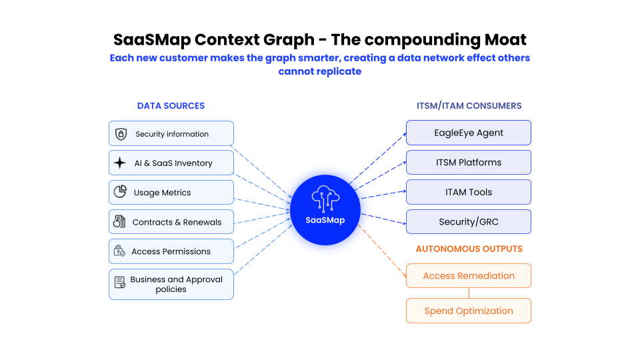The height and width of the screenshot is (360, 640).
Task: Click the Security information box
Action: pyautogui.click(x=171, y=133)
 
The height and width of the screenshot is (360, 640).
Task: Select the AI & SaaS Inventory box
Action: pyautogui.click(x=171, y=163)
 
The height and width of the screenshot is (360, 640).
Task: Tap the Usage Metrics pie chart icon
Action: pyautogui.click(x=120, y=192)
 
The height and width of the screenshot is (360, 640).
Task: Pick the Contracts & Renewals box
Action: pyautogui.click(x=171, y=222)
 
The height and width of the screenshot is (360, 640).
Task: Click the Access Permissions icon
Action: pyautogui.click(x=120, y=251)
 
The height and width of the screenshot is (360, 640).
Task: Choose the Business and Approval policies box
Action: pyautogui.click(x=171, y=284)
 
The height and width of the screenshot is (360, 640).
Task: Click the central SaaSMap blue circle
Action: pyautogui.click(x=325, y=209)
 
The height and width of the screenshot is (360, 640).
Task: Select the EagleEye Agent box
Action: pyautogui.click(x=469, y=133)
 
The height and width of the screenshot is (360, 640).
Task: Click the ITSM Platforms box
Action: pyautogui.click(x=469, y=162)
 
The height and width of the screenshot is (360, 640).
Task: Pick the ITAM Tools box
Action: pyautogui.click(x=469, y=192)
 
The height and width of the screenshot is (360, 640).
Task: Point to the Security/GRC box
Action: pyautogui.click(x=469, y=222)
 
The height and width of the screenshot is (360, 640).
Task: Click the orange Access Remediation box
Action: pyautogui.click(x=469, y=275)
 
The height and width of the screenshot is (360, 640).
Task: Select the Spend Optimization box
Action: pyautogui.click(x=469, y=311)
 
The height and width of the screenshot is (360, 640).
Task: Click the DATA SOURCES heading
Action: pyautogui.click(x=171, y=105)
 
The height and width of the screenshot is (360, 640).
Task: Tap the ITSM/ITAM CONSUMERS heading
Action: pyautogui.click(x=469, y=105)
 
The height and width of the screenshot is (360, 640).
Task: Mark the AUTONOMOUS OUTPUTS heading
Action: pyautogui.click(x=469, y=249)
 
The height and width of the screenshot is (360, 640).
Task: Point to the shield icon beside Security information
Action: pyautogui.click(x=121, y=133)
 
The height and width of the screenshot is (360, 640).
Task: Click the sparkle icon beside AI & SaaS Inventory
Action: pyautogui.click(x=120, y=163)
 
